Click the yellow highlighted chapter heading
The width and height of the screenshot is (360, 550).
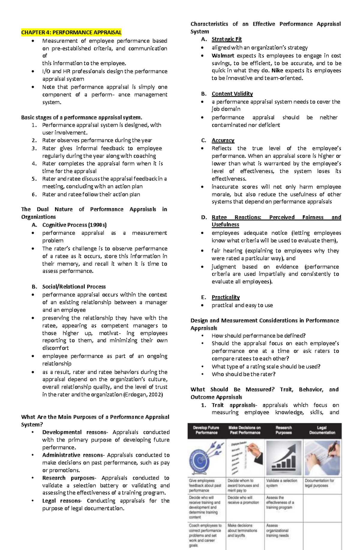tap(71, 32)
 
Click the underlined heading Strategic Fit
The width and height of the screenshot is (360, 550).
tap(226, 39)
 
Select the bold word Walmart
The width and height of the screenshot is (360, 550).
tap(223, 55)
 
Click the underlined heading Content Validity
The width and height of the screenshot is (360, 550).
tap(232, 94)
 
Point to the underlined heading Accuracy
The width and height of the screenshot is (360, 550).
tap(223, 140)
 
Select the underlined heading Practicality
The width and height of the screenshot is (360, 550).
tap(226, 297)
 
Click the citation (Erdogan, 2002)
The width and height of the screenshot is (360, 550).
tap(143, 394)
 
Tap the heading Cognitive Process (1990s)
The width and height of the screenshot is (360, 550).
tap(74, 225)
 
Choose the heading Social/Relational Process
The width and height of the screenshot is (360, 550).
tap(74, 287)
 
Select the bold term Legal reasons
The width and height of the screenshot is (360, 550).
tap(62, 501)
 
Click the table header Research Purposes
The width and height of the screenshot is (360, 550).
tap(283, 430)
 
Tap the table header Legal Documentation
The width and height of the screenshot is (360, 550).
tap(322, 430)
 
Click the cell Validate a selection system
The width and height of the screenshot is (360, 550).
tap(281, 483)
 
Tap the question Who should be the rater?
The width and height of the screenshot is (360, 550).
tap(243, 374)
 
